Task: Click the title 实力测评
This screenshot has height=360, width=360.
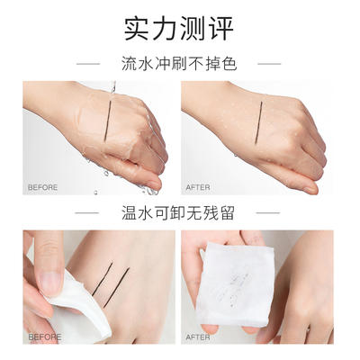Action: (179, 27)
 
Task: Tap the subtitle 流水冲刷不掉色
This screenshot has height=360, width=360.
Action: (179, 64)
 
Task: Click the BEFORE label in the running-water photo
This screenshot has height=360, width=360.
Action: (42, 187)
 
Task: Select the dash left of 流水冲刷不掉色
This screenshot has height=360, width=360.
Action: (89, 64)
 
